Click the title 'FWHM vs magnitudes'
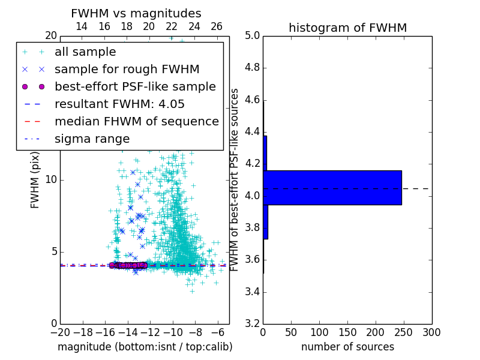click(x=136, y=13)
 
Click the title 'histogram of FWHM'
click(x=347, y=28)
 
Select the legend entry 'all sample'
click(x=85, y=52)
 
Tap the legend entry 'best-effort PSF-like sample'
click(x=135, y=87)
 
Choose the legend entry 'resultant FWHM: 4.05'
click(x=119, y=104)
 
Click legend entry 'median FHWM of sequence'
click(x=137, y=122)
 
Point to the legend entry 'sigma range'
click(x=92, y=139)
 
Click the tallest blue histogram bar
click(x=332, y=187)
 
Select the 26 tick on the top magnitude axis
click(x=217, y=26)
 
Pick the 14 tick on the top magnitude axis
click(x=82, y=26)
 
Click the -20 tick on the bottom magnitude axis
click(x=60, y=332)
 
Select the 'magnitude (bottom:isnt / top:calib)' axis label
click(x=145, y=347)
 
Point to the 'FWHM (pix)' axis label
click(x=35, y=179)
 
